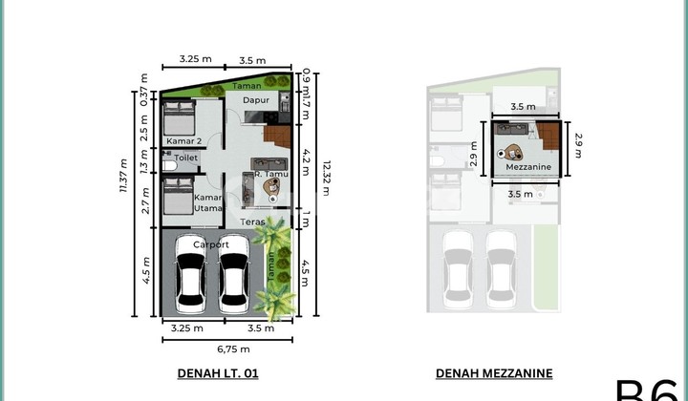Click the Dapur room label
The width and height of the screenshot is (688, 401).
[x=254, y=99]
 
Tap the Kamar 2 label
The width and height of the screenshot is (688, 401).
[x=182, y=141]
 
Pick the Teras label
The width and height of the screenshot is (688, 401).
[x=252, y=222]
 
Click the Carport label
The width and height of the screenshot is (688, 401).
[x=211, y=244]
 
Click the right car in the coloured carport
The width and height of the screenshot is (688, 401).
[x=234, y=284]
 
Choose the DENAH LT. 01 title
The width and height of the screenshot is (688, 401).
[x=218, y=374]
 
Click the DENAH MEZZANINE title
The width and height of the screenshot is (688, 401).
[x=494, y=374]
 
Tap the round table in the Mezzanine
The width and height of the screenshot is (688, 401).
[x=515, y=152]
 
